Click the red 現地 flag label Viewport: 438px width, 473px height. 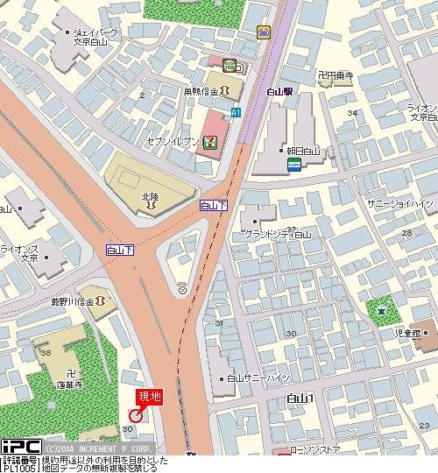(149, 398)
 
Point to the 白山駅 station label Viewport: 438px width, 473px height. (281, 90)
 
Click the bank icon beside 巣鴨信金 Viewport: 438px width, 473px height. (225, 90)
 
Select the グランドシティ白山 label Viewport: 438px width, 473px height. (279, 235)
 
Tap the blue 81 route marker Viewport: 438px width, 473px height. (236, 112)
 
